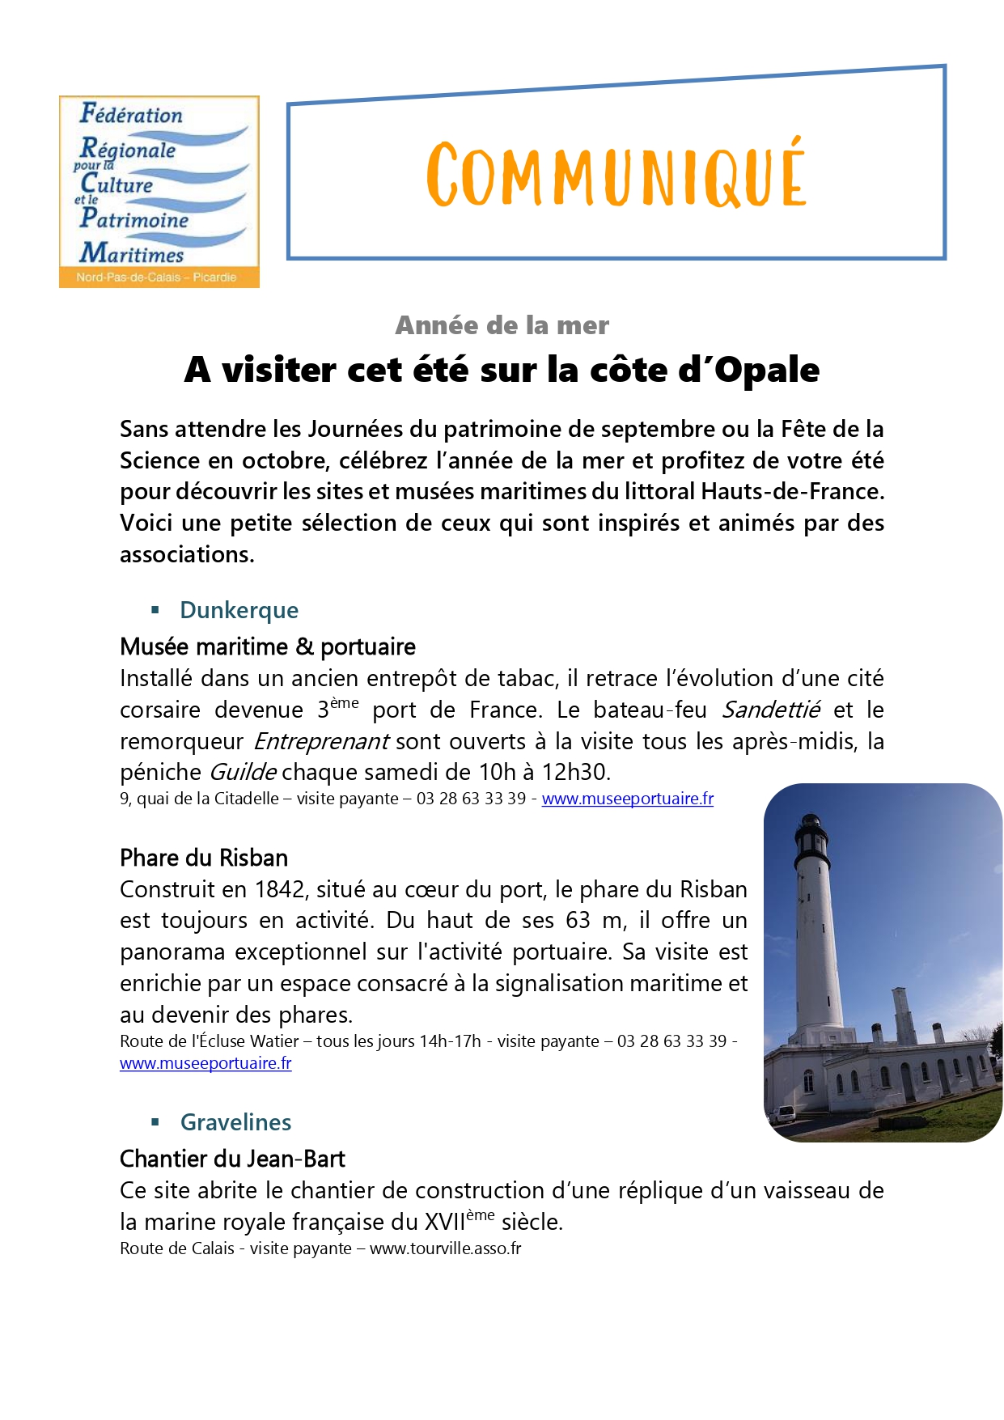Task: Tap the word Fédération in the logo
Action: click(131, 115)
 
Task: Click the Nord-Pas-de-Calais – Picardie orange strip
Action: click(157, 278)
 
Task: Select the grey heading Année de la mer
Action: click(502, 325)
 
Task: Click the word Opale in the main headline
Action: click(766, 370)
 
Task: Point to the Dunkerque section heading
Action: click(239, 610)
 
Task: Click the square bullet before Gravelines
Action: click(155, 1121)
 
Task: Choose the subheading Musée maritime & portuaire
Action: click(268, 646)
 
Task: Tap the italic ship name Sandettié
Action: click(770, 710)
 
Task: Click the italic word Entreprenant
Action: click(321, 741)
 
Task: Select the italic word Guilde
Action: click(243, 772)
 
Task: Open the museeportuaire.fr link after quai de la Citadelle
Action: click(627, 799)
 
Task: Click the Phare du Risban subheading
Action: click(204, 858)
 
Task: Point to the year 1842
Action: click(279, 889)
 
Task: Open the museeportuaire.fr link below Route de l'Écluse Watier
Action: click(205, 1063)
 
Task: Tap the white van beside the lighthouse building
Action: click(782, 1114)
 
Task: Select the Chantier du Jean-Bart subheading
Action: click(232, 1159)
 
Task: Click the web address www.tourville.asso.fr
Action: click(445, 1248)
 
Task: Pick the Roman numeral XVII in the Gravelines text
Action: click(444, 1222)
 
